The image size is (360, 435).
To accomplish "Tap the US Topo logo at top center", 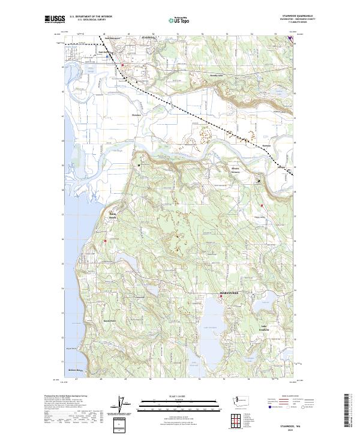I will tap(181, 20).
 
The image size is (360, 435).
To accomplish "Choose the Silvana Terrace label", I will tap(236, 170).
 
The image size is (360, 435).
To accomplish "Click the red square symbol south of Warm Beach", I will tap(105, 241).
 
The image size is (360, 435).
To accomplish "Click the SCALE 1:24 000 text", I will tap(179, 396).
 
